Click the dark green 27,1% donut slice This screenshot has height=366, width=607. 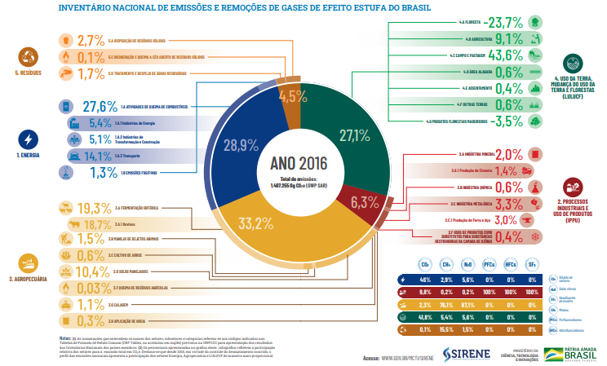[x=355, y=134]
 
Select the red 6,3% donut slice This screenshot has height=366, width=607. [x=364, y=201]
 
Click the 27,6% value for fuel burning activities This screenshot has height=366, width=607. [x=100, y=107]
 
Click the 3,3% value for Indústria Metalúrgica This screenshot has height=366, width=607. [x=508, y=204]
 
